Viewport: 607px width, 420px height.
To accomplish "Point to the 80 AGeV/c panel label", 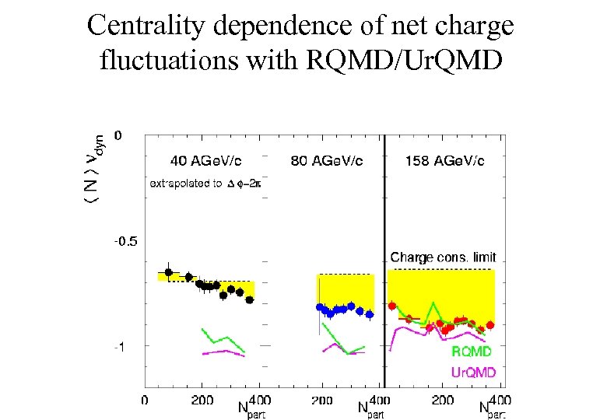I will point(326,161).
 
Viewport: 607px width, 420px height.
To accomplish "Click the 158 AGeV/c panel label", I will point(445,161).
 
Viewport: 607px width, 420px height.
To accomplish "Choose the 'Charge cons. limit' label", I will point(443,257).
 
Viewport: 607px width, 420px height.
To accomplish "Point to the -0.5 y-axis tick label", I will point(125,241).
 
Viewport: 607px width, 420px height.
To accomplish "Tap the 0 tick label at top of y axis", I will point(118,135).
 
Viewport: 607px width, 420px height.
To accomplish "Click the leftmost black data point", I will point(168,272).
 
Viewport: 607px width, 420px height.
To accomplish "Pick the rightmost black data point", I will point(250,299).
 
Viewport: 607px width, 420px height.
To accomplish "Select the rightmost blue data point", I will point(370,314).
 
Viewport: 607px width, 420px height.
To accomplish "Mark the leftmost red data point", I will point(392,306).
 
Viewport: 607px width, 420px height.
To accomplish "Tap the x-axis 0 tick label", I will point(145,400).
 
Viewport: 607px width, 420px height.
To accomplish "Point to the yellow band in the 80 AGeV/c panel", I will point(345,288).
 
